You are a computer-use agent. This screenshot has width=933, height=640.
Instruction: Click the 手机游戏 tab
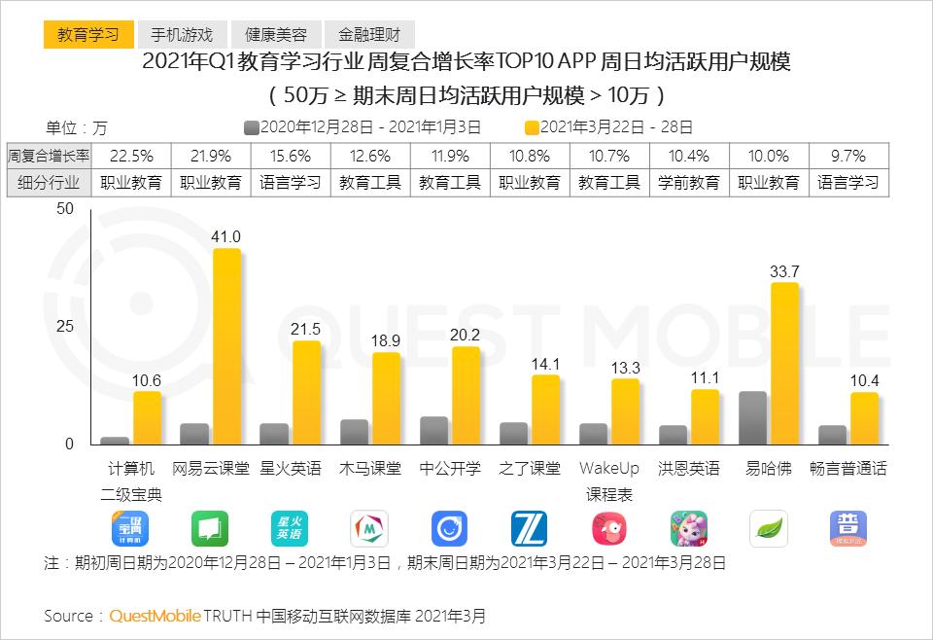click(x=182, y=35)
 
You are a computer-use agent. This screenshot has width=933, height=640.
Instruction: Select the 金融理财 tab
click(x=369, y=35)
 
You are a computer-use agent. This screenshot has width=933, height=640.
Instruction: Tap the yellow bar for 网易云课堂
click(x=226, y=346)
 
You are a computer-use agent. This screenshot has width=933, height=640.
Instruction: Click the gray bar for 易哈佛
click(x=752, y=418)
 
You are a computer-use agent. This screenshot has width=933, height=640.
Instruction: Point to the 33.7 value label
click(x=784, y=271)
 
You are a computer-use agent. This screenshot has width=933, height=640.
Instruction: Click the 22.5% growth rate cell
click(x=131, y=156)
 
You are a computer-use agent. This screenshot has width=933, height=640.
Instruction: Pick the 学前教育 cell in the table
click(x=689, y=182)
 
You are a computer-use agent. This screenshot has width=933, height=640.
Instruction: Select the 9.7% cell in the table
click(x=848, y=156)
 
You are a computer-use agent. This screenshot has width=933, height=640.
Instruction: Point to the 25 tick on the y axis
click(x=65, y=326)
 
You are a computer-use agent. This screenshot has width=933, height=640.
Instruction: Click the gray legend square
click(x=252, y=127)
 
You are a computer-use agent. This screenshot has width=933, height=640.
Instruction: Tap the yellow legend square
click(x=532, y=127)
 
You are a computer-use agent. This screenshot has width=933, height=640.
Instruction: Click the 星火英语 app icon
click(x=290, y=528)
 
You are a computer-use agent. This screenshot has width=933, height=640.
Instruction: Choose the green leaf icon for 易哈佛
click(x=769, y=528)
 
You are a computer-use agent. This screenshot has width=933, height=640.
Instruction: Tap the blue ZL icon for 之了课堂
click(x=529, y=528)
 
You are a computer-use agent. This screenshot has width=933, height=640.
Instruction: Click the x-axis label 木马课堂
click(x=370, y=469)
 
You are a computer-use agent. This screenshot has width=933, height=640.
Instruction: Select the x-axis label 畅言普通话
click(x=848, y=469)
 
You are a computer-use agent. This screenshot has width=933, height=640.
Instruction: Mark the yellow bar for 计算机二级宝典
click(x=147, y=418)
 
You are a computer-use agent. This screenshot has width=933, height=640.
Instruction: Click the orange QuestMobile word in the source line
click(x=155, y=616)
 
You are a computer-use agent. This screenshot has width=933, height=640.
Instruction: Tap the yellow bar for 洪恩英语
click(x=706, y=416)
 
